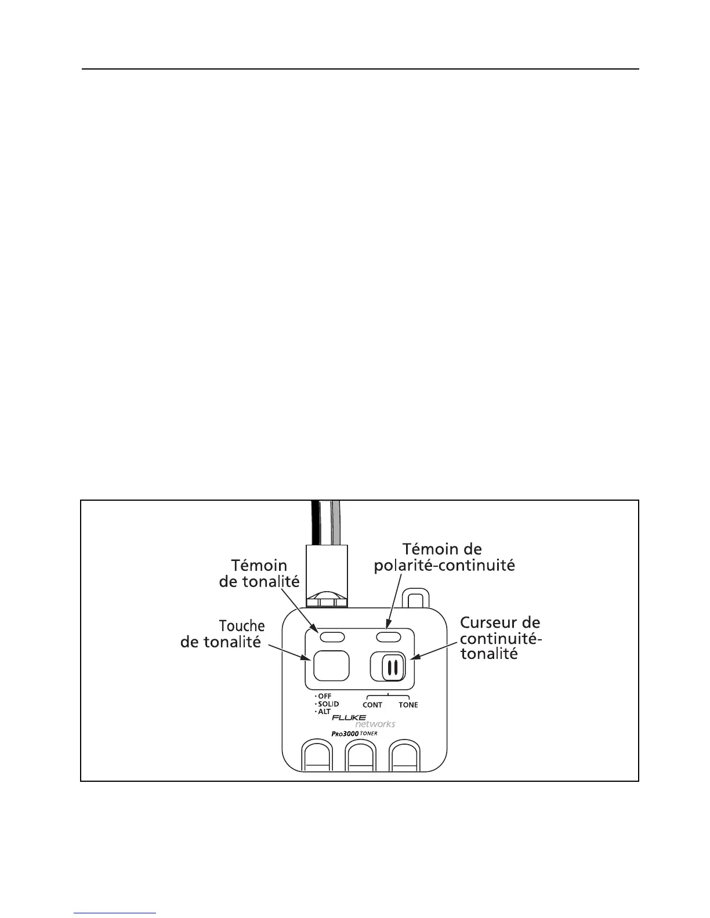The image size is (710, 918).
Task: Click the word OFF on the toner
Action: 325,696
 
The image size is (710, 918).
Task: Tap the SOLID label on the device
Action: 328,704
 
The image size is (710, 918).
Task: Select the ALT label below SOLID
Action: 324,711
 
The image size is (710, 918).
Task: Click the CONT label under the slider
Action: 372,705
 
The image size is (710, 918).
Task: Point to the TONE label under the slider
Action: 408,705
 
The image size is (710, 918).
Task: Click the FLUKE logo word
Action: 349,717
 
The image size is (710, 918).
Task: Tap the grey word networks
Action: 375,724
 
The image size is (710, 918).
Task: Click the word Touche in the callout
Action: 242,626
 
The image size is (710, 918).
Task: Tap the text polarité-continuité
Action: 444,565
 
